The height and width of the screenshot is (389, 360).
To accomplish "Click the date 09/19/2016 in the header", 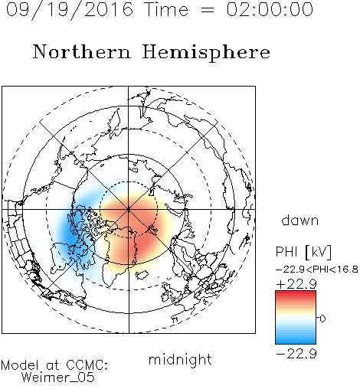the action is pos(69,10).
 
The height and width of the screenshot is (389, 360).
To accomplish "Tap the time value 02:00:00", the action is pos(270,9).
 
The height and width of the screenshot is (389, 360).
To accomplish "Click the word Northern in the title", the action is pos(82,52).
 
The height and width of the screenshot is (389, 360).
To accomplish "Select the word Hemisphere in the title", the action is pos(206,53).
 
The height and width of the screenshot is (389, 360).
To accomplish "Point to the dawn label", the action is pos(300,220).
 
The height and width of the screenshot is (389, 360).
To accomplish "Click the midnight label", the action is pos(180,359).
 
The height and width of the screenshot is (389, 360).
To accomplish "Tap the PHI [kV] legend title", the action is pos(303,252).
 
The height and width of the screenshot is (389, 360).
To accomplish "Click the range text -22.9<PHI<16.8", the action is pos(317,270).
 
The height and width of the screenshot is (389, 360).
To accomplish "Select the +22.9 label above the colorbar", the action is pos(296,284).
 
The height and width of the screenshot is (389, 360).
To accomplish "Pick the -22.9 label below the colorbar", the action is pos(296,354).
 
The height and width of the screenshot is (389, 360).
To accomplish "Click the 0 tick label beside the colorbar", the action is pos(322,319).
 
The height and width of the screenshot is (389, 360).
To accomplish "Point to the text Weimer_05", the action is pos(57,378).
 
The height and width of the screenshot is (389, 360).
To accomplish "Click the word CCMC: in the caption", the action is pos(87,365).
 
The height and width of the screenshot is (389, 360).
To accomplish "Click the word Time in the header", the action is pos(166,10).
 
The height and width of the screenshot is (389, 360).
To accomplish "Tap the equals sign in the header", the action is pos(208,10).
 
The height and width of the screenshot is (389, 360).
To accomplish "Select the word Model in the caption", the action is pos(20,365).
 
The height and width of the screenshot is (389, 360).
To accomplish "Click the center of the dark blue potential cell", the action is pos(70,236).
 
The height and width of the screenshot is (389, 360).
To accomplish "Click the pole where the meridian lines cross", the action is pos(129,210).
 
